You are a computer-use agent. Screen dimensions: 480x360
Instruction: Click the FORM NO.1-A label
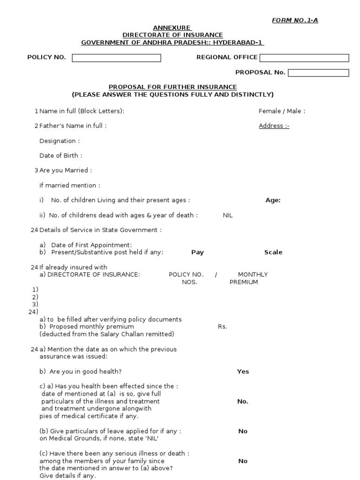(295, 20)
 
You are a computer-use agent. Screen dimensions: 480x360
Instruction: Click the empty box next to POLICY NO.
(116, 58)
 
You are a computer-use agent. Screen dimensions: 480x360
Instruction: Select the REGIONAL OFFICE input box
(304, 58)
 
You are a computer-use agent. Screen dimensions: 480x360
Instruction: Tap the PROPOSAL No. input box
(318, 73)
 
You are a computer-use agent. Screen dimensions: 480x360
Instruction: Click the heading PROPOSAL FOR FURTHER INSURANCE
(172, 87)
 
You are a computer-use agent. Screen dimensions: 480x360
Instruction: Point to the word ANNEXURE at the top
(172, 28)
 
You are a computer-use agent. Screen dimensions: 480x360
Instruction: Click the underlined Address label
(274, 126)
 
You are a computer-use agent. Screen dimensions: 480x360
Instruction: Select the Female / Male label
(282, 111)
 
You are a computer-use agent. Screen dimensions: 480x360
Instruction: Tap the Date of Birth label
(61, 156)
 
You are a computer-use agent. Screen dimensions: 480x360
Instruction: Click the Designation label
(60, 141)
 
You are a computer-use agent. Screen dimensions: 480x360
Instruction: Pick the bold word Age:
(273, 200)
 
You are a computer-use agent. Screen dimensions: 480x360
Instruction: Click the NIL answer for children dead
(228, 215)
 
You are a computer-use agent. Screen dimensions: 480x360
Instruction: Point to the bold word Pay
(197, 252)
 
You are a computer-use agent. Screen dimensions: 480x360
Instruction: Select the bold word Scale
(273, 252)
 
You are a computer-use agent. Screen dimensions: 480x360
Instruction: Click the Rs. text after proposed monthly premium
(222, 327)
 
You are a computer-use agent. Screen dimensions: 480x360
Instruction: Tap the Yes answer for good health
(243, 372)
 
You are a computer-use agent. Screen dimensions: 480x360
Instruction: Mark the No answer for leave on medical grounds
(242, 431)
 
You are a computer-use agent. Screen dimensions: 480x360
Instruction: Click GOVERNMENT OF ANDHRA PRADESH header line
(172, 43)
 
